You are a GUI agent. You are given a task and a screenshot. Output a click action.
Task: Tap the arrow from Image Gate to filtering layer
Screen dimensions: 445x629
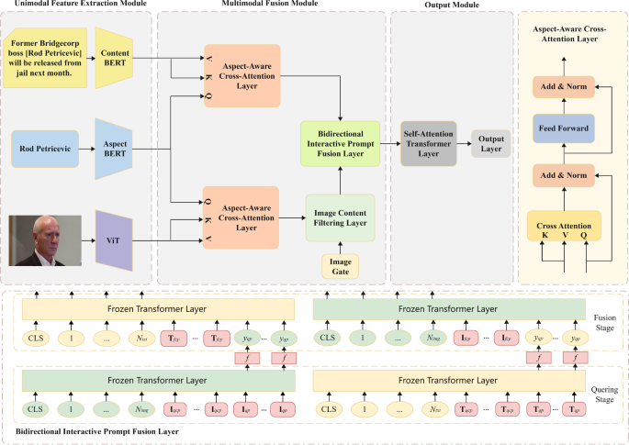point(339,246)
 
